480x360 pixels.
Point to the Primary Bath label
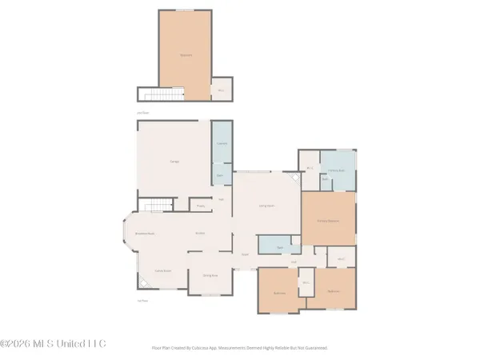[x=335, y=170]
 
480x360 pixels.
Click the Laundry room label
[x=222, y=144]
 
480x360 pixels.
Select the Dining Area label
[x=210, y=275]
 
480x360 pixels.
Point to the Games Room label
[x=164, y=272]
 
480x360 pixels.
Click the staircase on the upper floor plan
[x=150, y=95]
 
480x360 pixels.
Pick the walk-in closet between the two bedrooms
[x=305, y=282]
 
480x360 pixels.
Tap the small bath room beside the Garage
[x=222, y=174]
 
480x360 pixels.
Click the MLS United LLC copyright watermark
[x=53, y=344]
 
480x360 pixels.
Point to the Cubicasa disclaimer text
[x=240, y=348]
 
